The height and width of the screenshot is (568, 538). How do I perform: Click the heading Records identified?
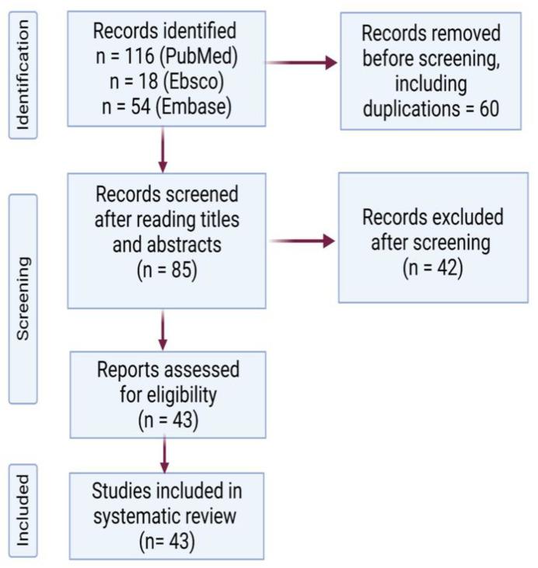[164, 33]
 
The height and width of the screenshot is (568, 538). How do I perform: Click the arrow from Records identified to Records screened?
[163, 149]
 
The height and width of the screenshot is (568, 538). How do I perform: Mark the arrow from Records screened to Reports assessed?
[163, 329]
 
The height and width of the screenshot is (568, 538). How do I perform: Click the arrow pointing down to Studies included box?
[163, 454]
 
